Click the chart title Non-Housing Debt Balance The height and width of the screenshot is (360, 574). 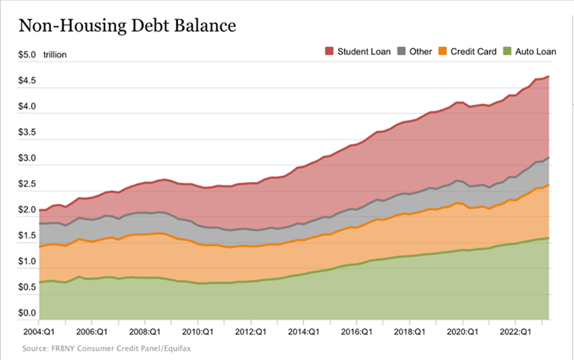(x=128, y=26)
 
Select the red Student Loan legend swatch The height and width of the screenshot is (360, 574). (x=329, y=52)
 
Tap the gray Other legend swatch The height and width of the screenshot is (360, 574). (x=401, y=52)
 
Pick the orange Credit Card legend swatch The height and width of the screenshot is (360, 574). (x=442, y=52)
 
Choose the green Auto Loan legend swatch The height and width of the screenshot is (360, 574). (x=506, y=52)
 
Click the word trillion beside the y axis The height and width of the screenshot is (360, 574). (x=55, y=55)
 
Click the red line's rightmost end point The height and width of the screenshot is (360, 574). (x=549, y=76)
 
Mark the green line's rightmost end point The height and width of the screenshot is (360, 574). (x=549, y=238)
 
